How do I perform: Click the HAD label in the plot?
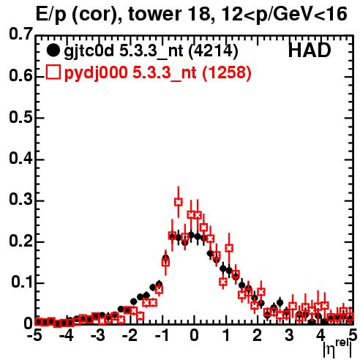click(310, 50)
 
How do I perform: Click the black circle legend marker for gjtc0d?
click(53, 50)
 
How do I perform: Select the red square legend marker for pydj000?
click(53, 72)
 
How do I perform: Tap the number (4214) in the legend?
click(214, 51)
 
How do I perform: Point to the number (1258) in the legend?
click(227, 72)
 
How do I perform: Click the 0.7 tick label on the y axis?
click(20, 34)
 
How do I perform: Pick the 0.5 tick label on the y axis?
click(20, 117)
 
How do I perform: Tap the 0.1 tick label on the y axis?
click(22, 282)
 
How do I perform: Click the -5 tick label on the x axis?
click(35, 335)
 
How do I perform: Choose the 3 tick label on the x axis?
click(289, 335)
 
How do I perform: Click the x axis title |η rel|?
click(337, 348)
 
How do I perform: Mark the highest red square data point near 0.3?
click(179, 202)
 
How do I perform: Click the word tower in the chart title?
click(154, 14)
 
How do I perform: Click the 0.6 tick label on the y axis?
click(20, 75)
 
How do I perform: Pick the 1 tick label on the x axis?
click(227, 335)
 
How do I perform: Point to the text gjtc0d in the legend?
click(89, 51)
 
